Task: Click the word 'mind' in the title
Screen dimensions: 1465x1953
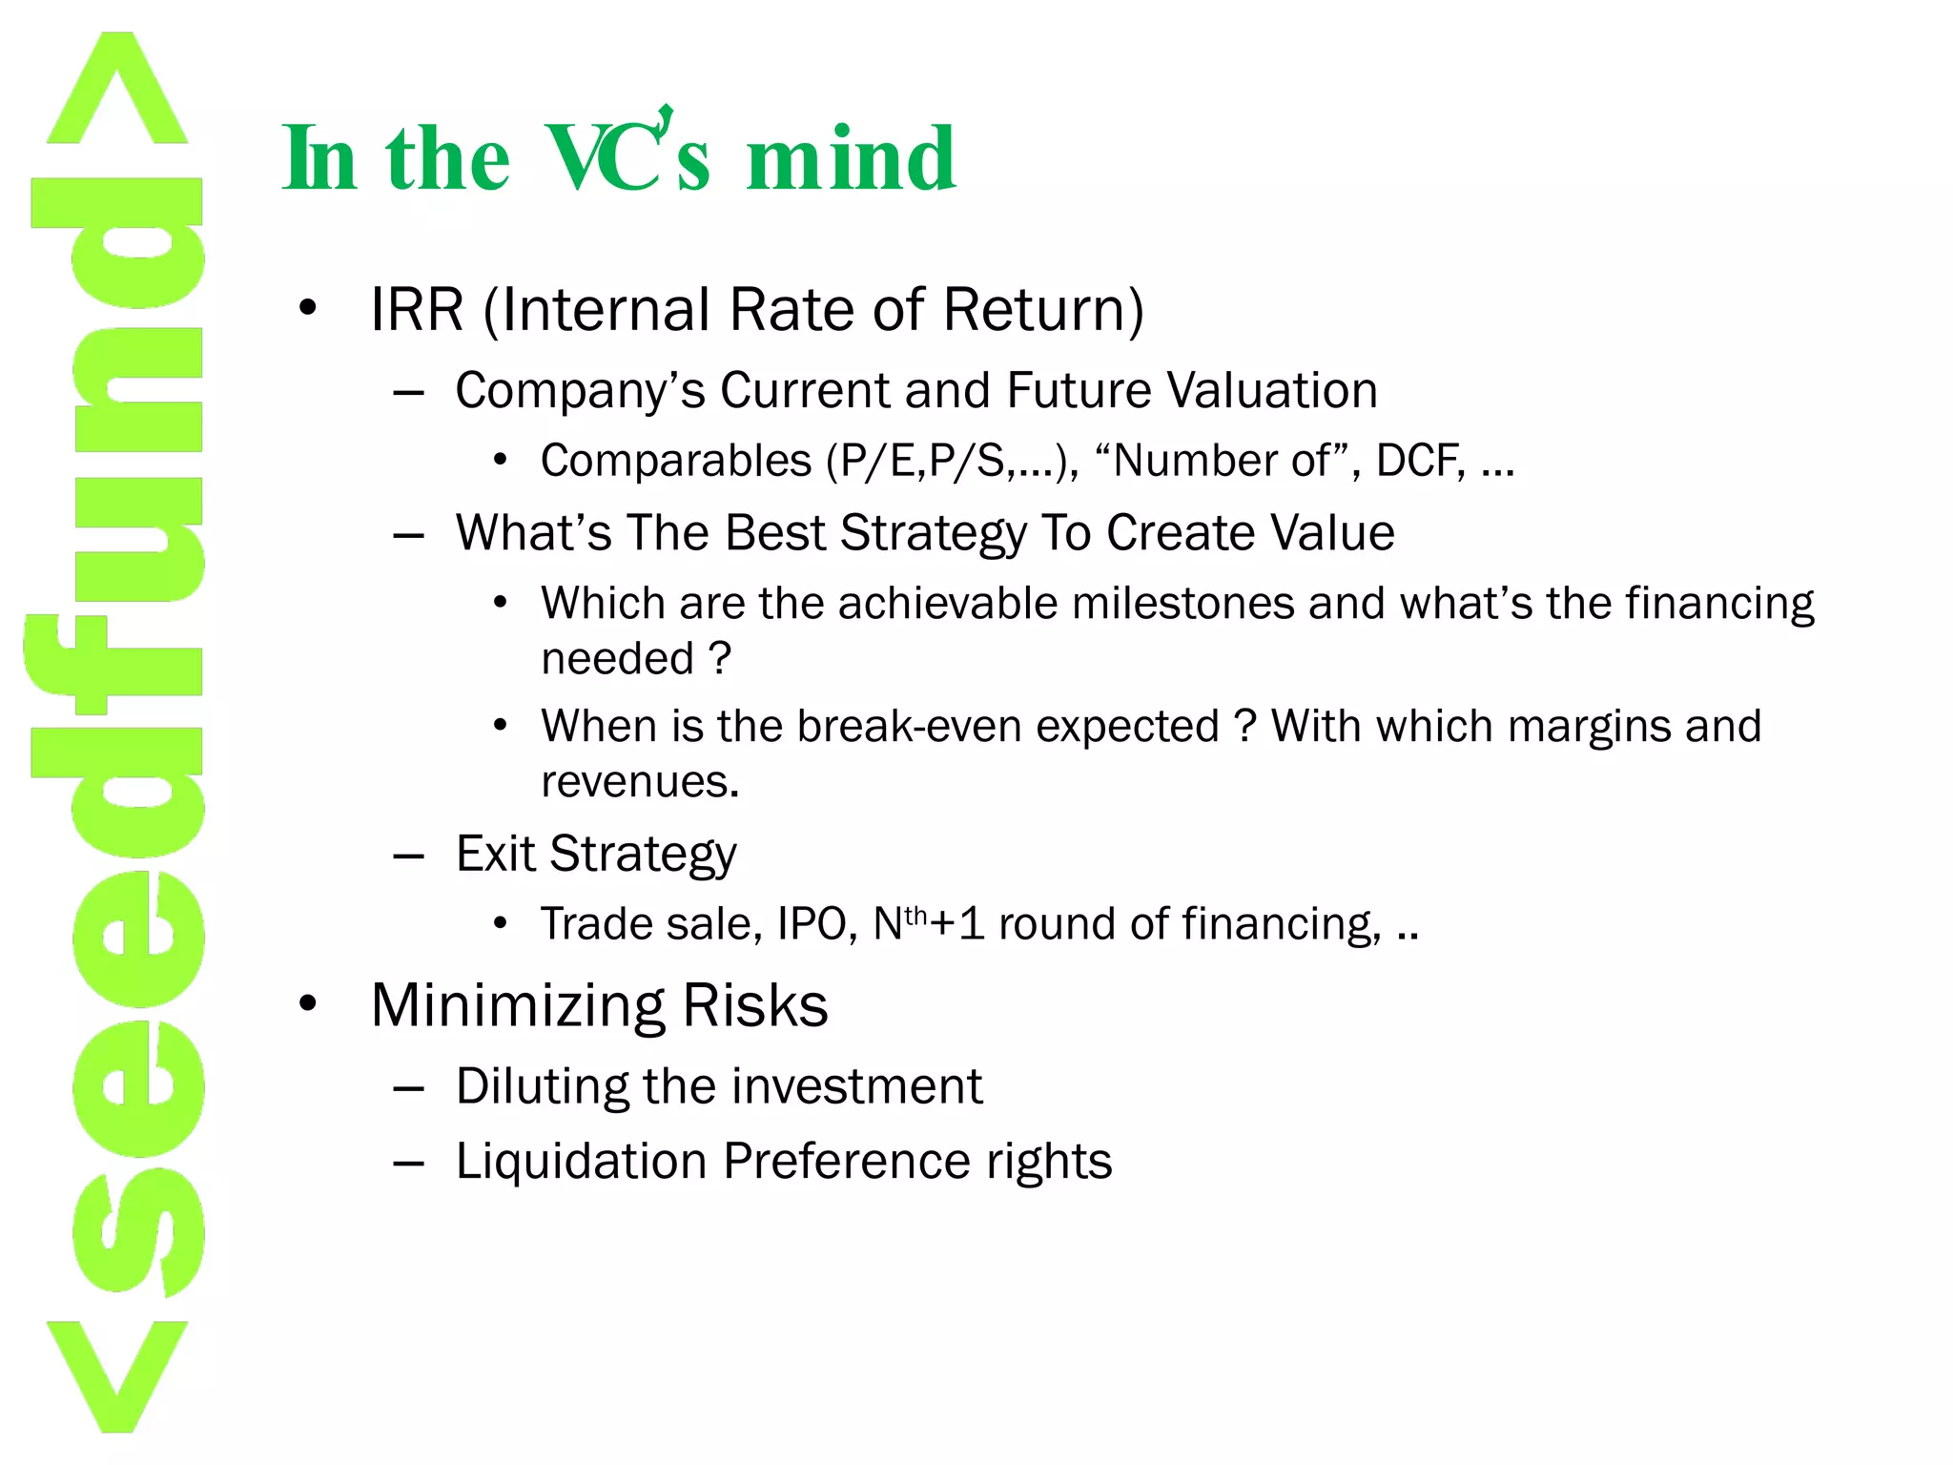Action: pos(851,159)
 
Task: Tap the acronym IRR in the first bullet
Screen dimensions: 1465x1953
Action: pos(417,310)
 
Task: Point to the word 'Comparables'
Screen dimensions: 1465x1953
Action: pos(675,462)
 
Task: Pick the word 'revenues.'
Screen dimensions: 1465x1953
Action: pos(640,782)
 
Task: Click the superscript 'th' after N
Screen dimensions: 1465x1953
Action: pos(915,916)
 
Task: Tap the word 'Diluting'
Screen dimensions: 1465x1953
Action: pos(541,1086)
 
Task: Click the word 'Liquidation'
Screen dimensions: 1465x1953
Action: pos(581,1162)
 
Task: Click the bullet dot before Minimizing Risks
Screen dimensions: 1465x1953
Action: pos(307,1004)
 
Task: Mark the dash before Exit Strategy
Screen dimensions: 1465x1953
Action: pos(408,856)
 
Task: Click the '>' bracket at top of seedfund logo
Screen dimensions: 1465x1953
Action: pos(116,91)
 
